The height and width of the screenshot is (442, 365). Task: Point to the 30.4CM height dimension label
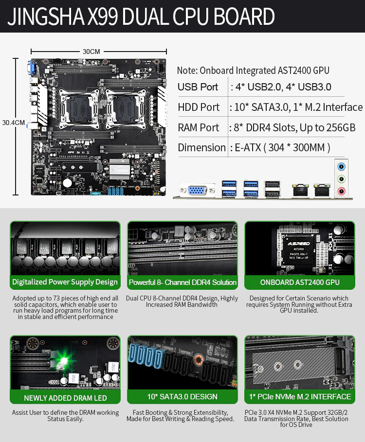tap(13, 123)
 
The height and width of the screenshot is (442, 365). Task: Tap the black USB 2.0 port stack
tap(272, 189)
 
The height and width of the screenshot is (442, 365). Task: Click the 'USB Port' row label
tap(198, 87)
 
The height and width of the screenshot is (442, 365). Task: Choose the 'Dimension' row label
tap(201, 147)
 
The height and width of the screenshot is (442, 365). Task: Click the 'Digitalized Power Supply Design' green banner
tap(65, 282)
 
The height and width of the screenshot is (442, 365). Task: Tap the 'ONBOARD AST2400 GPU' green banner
tap(299, 283)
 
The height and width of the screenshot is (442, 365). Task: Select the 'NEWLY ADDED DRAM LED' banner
tap(65, 398)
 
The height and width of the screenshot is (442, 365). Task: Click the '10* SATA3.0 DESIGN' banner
tap(182, 397)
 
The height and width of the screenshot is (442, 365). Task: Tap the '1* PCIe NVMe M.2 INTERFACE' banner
tap(300, 397)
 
